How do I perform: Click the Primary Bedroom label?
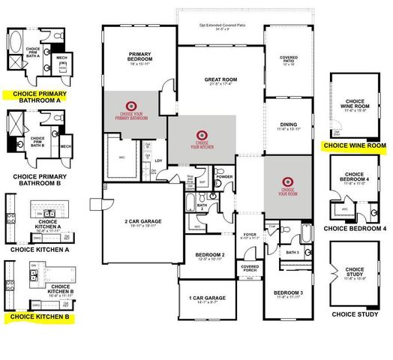(x=140, y=58)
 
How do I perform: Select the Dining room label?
(x=288, y=126)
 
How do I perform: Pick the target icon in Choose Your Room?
(x=286, y=181)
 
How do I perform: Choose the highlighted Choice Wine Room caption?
(x=353, y=145)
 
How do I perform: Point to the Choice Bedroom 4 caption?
(x=355, y=228)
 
